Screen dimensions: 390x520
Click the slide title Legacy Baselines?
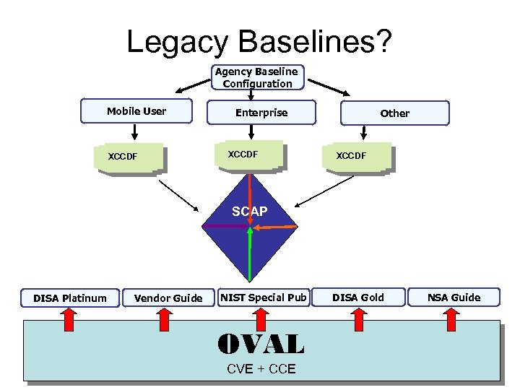click(x=259, y=41)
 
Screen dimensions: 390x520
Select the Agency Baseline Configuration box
click(x=257, y=77)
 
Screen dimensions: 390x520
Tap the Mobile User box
click(x=136, y=111)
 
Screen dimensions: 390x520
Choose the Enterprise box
click(x=261, y=113)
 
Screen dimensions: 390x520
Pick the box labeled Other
click(x=394, y=113)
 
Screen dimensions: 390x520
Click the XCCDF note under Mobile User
click(x=124, y=157)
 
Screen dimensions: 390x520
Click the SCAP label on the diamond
click(x=249, y=212)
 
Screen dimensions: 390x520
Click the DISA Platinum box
click(x=70, y=298)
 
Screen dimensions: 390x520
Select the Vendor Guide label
click(x=168, y=298)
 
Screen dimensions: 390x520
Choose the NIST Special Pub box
click(x=264, y=297)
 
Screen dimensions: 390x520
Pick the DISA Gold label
click(x=358, y=298)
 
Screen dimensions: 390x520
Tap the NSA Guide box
click(x=454, y=297)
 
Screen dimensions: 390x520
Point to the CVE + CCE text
click(x=261, y=369)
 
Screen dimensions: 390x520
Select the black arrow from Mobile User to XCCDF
click(x=134, y=132)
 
